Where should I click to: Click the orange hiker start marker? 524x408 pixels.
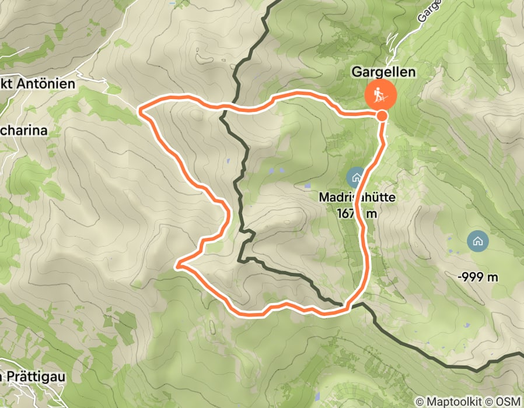click(x=380, y=94)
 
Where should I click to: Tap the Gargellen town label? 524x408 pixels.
click(x=383, y=72)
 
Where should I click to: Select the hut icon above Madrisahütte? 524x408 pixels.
click(x=355, y=177)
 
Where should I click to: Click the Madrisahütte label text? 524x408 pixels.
click(x=357, y=198)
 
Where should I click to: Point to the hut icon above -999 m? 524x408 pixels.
click(x=478, y=240)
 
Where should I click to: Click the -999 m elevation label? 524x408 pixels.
click(x=478, y=277)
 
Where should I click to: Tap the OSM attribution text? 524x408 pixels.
click(x=507, y=402)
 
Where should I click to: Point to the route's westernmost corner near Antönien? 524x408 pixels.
click(x=140, y=108)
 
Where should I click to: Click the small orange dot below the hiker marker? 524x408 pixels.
click(x=382, y=116)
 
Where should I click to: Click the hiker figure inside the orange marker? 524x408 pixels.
click(x=380, y=94)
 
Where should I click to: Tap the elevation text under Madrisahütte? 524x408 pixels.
click(x=357, y=213)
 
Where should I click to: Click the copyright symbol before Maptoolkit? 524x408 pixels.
click(x=420, y=402)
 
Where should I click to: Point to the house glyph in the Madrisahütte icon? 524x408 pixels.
click(x=355, y=177)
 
